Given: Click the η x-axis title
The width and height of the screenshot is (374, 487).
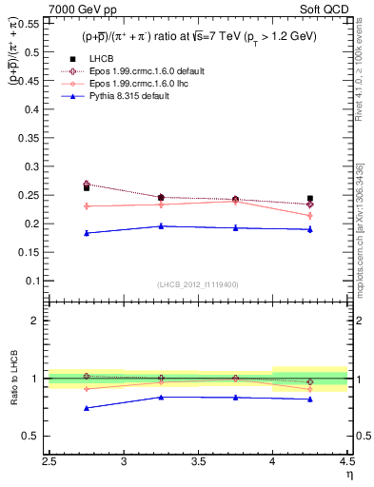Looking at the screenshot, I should (x=348, y=475).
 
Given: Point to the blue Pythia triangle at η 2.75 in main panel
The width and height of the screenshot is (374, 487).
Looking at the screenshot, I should (x=87, y=233).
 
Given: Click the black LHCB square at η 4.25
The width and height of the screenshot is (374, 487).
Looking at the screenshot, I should (x=309, y=199).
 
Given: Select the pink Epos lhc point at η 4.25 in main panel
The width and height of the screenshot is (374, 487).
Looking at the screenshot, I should (x=309, y=215).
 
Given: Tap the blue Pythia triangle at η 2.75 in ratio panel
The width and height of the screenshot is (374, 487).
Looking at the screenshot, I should (x=87, y=408).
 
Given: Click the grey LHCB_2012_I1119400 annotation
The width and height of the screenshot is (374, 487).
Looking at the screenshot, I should (x=198, y=284).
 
